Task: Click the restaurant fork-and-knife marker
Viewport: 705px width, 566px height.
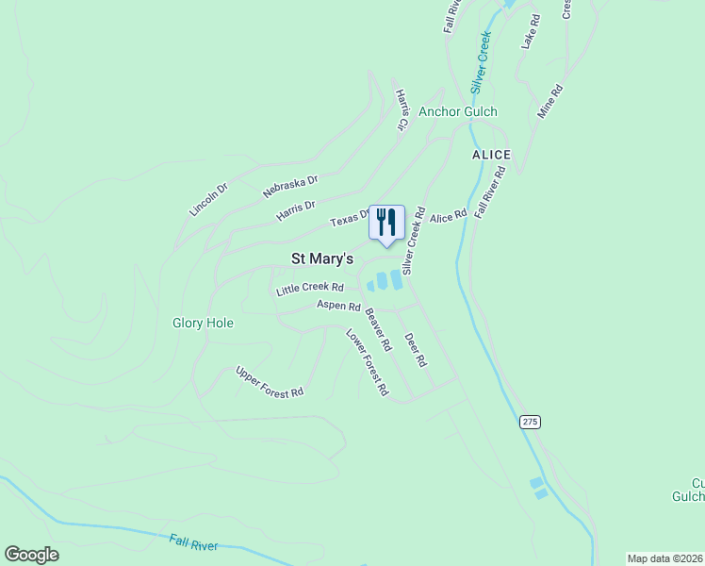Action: pyautogui.click(x=386, y=223)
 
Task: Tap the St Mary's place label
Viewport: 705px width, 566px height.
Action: pyautogui.click(x=321, y=258)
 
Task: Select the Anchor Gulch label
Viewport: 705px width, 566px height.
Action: pyautogui.click(x=458, y=111)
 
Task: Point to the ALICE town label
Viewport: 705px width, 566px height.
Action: pyautogui.click(x=491, y=155)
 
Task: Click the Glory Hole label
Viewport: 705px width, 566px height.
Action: pyautogui.click(x=203, y=323)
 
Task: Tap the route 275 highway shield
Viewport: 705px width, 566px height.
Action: pyautogui.click(x=530, y=422)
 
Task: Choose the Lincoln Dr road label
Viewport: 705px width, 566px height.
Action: pyautogui.click(x=208, y=200)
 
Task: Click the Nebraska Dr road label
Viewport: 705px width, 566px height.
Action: pyautogui.click(x=290, y=185)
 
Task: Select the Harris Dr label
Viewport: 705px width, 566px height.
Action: pyautogui.click(x=295, y=211)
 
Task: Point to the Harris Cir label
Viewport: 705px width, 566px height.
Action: pyautogui.click(x=402, y=110)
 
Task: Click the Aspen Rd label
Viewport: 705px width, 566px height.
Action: pyautogui.click(x=338, y=306)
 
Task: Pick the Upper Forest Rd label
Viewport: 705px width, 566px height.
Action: pyautogui.click(x=270, y=381)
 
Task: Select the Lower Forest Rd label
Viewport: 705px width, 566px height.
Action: pyautogui.click(x=367, y=361)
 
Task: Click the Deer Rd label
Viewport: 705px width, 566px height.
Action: pyautogui.click(x=415, y=350)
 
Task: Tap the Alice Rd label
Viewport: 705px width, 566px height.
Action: pyautogui.click(x=448, y=217)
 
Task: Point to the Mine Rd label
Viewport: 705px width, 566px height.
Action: pyautogui.click(x=549, y=102)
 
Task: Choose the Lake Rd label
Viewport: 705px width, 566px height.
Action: pyautogui.click(x=530, y=31)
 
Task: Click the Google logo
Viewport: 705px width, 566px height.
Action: pyautogui.click(x=32, y=555)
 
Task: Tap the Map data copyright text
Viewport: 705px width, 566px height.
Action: pyautogui.click(x=665, y=558)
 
